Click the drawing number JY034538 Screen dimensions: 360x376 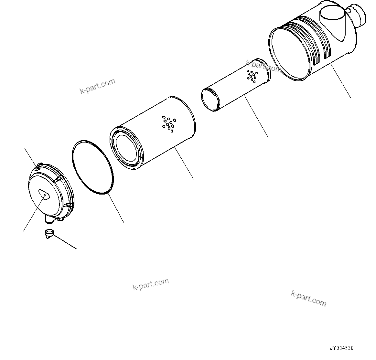tap(342, 348)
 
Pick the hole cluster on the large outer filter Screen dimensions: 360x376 tap(168, 123)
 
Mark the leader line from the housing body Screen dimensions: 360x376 tap(341, 81)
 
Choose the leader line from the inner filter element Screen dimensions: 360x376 tap(257, 117)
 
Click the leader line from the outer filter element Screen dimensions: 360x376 tap(184, 163)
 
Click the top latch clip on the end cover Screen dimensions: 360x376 tap(38, 167)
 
